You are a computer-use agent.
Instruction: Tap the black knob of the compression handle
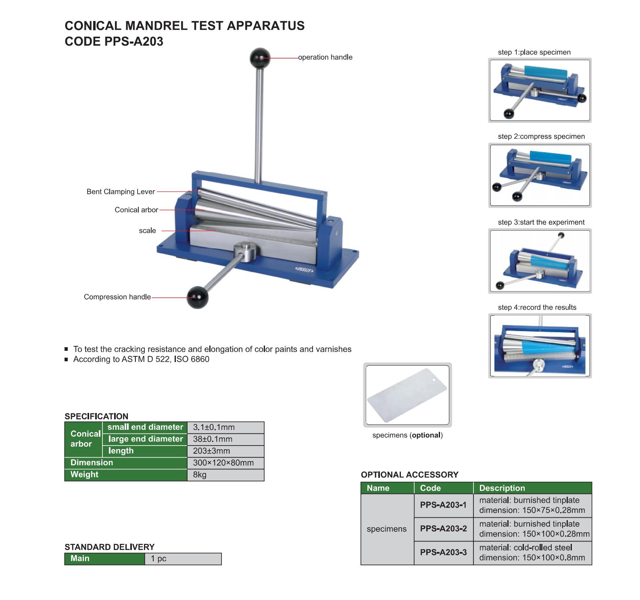click(197, 297)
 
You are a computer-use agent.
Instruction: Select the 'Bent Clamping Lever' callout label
click(121, 192)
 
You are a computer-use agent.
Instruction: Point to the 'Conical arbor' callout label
click(136, 210)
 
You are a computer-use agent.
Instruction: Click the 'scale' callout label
click(147, 231)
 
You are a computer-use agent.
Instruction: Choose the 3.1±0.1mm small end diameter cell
click(225, 427)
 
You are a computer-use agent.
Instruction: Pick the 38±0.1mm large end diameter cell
click(225, 439)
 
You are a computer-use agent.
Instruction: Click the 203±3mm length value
click(225, 451)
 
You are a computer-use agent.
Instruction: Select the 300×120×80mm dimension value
click(225, 463)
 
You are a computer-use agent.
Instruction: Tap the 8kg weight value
click(225, 475)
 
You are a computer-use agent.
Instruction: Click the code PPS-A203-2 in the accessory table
click(443, 529)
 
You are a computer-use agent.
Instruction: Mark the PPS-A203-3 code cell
click(443, 552)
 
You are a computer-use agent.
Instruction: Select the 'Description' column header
click(502, 488)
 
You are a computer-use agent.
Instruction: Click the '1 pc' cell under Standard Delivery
click(183, 559)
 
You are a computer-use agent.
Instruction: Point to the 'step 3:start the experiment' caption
click(541, 222)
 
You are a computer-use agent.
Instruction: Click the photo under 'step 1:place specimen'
click(540, 90)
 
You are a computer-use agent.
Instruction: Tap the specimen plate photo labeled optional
click(407, 395)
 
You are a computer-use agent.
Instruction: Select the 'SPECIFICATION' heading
click(96, 416)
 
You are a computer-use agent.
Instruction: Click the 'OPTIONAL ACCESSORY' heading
click(409, 475)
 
